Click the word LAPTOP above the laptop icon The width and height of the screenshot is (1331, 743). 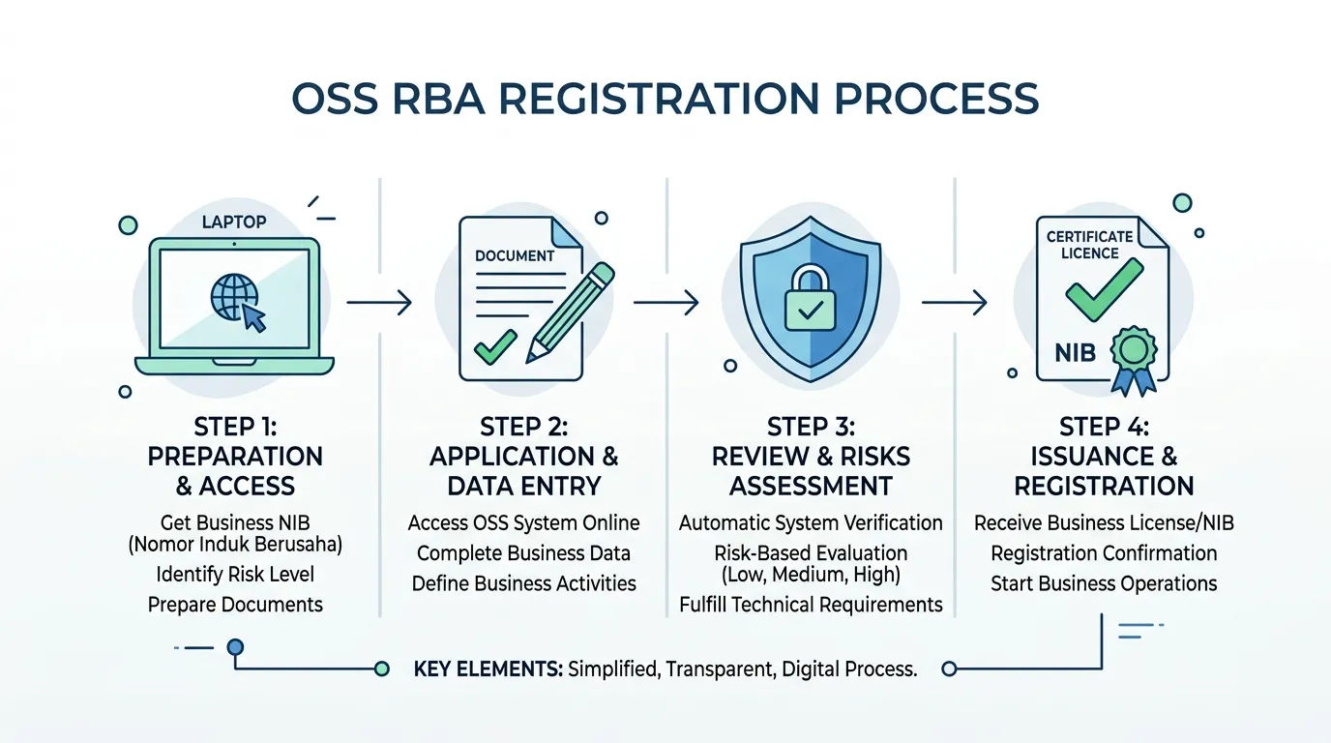[x=234, y=223]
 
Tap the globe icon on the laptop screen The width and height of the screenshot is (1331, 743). [x=234, y=297]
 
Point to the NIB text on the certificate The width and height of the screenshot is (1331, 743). [x=1075, y=353]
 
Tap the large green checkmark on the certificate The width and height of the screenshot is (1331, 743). [x=1104, y=290]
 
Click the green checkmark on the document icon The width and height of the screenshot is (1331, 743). [x=495, y=346]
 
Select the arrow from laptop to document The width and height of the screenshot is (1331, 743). [x=379, y=303]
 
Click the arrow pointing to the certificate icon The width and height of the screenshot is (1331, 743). [x=955, y=303]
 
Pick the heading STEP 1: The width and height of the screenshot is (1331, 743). [x=235, y=427]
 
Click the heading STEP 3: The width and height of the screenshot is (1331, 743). [x=811, y=427]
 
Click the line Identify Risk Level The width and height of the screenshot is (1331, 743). [x=235, y=575]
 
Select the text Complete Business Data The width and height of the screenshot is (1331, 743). [x=523, y=553]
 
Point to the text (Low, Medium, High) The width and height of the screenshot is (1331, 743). [x=811, y=575]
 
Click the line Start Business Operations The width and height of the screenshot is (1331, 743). [x=1104, y=583]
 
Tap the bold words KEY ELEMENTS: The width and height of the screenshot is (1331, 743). [x=488, y=669]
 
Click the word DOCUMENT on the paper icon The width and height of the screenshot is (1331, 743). [x=515, y=255]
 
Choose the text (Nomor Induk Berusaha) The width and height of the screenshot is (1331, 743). [x=235, y=545]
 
